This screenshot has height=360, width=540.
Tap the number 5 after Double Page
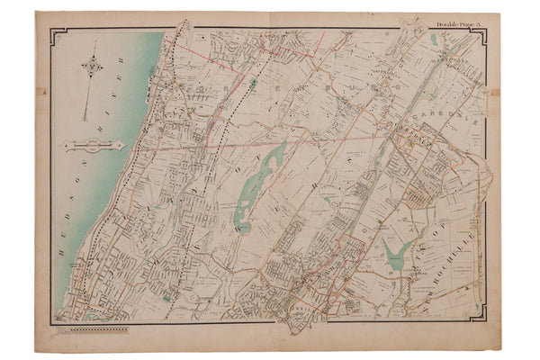pyautogui.click(x=482, y=23)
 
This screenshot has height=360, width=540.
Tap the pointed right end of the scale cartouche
pyautogui.click(x=122, y=145)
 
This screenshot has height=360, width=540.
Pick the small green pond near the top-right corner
pyautogui.click(x=437, y=40)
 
